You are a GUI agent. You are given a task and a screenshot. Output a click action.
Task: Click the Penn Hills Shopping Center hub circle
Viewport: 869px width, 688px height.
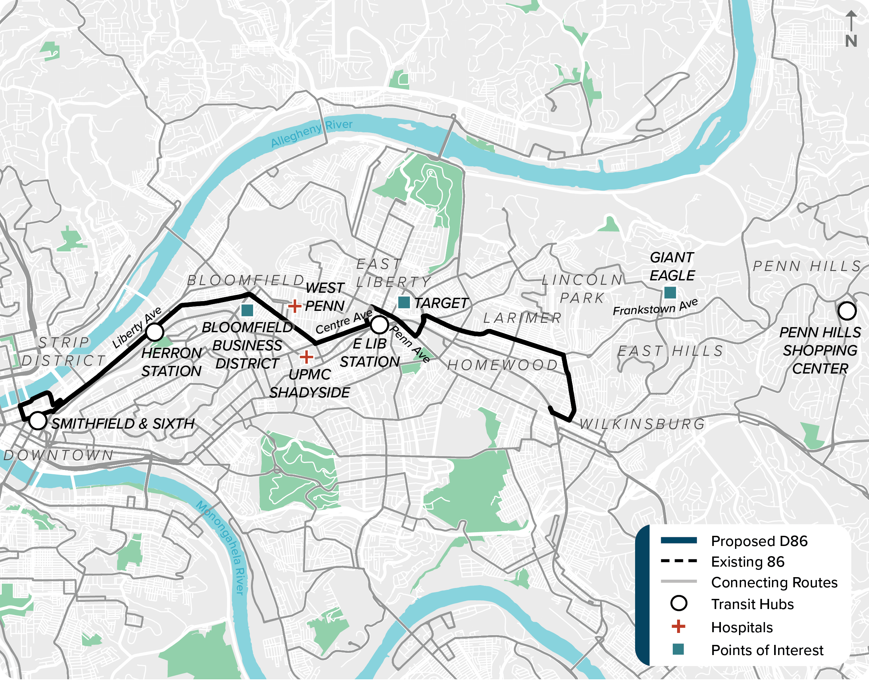tap(847, 311)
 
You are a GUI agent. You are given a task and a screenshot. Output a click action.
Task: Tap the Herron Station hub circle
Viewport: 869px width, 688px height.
tap(155, 332)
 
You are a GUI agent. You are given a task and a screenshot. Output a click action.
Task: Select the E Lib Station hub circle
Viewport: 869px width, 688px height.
tap(379, 325)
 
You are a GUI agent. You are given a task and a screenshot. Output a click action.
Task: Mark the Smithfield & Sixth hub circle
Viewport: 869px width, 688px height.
tap(38, 421)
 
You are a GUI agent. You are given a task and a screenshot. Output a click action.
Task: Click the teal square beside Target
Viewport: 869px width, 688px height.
tap(404, 302)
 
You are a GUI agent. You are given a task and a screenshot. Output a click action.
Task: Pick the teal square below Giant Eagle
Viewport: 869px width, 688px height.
tap(670, 292)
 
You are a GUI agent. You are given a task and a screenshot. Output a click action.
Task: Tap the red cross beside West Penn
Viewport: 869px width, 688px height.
tap(295, 306)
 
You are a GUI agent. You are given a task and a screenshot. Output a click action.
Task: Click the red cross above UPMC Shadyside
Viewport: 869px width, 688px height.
tap(306, 357)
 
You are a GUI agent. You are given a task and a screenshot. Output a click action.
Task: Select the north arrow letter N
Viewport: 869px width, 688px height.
tap(851, 41)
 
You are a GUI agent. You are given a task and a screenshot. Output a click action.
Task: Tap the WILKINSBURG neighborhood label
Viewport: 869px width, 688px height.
tap(642, 424)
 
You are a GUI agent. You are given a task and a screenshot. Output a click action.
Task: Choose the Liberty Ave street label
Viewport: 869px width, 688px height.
tap(137, 328)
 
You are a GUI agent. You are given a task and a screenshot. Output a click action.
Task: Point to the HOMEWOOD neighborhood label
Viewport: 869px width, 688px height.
tap(502, 365)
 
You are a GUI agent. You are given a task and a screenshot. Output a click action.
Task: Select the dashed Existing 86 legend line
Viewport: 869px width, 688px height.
tap(679, 561)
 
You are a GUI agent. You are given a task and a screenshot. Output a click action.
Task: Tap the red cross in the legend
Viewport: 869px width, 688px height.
tap(678, 627)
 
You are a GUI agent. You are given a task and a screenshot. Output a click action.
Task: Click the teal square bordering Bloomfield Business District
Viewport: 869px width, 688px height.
tap(247, 310)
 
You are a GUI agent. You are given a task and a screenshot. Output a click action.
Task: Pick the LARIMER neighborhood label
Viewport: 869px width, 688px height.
tap(522, 318)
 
